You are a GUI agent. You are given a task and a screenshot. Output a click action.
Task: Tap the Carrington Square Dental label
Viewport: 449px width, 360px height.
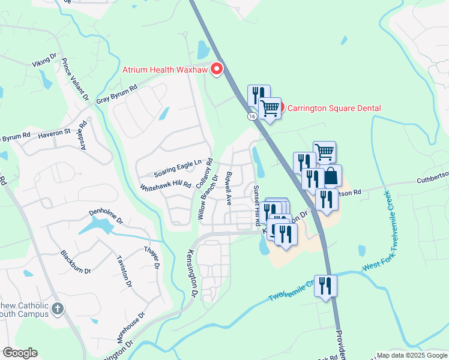tap(334, 109)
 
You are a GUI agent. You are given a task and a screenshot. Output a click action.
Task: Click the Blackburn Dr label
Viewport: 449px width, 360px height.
tap(75, 262)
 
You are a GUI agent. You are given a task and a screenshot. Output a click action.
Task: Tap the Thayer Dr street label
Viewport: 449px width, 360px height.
tap(152, 257)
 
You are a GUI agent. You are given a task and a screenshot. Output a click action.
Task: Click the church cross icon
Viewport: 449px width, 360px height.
tap(57, 309)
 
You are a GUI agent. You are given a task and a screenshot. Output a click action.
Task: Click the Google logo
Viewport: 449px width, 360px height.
tap(20, 353)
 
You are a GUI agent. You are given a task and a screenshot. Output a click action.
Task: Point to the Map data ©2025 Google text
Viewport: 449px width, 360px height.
tap(412, 355)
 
